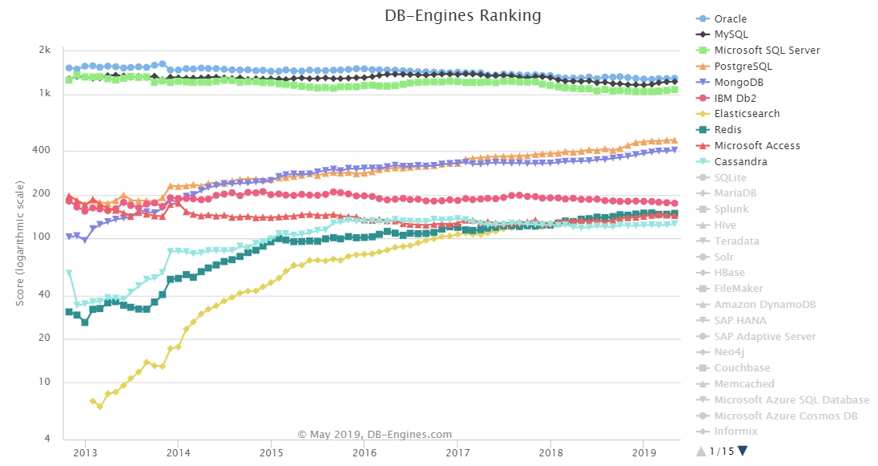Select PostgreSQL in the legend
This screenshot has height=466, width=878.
743,66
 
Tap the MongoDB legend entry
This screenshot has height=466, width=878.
740,82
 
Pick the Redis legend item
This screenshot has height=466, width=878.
727,130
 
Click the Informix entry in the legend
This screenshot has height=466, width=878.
735,432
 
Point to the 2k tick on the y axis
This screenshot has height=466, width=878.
45,51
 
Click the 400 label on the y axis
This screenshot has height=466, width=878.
42,151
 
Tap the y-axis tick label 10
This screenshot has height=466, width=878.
45,382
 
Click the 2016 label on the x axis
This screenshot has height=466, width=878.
364,452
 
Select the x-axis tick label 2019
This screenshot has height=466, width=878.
643,452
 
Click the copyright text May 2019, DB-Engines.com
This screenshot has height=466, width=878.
375,434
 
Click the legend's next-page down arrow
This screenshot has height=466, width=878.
743,451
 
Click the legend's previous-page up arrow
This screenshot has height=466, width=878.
701,451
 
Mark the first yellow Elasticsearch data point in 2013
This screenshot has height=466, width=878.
92,401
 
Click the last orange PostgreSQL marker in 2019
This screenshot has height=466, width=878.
674,140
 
